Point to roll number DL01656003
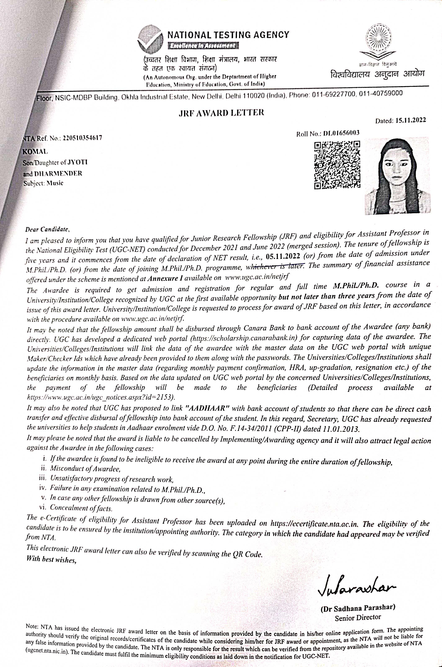coord(341,133)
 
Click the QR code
coord(337,165)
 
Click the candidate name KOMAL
coord(35,151)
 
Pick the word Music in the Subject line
coord(55,183)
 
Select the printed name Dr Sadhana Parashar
coord(358,608)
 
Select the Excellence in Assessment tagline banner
coord(203,46)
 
